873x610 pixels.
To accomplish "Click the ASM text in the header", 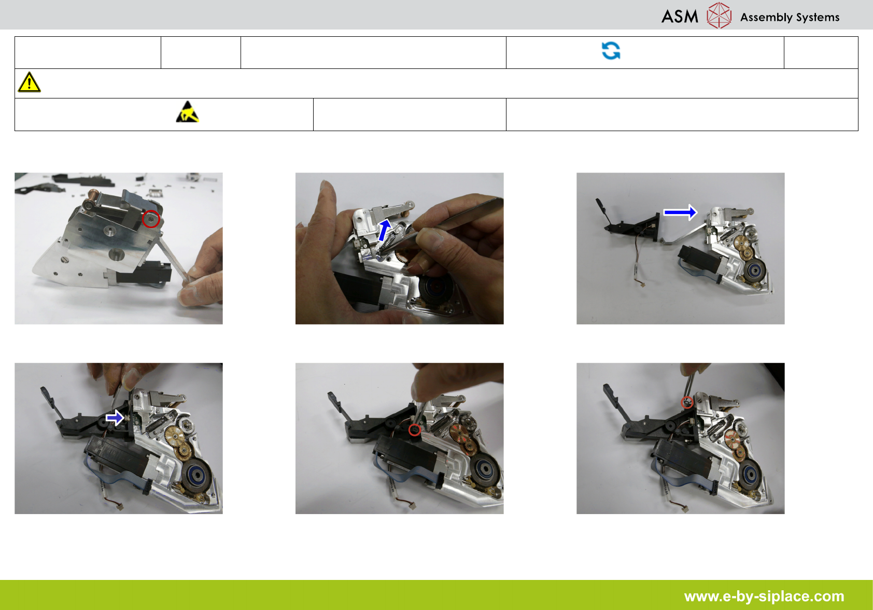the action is coord(680,17).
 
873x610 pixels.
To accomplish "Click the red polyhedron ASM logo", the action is coord(719,16).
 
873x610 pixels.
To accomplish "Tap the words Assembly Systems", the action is coord(790,17).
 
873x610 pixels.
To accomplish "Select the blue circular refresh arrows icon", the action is coord(611,51).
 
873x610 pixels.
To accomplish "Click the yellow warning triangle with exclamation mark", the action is coord(29,82).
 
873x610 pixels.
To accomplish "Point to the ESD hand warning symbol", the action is coord(188,112).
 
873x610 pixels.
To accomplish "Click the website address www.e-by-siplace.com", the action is coord(764,596).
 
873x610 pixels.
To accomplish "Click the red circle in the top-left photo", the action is coord(151,219).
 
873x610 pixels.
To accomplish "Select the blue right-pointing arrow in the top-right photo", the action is coord(680,212).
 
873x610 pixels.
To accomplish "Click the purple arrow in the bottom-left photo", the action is coord(115,418).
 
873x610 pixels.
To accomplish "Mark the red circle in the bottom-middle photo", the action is coord(414,430).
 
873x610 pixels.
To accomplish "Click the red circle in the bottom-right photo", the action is coord(687,402).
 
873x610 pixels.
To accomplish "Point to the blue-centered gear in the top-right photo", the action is coord(754,269).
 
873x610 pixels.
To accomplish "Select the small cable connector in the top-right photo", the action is coord(641,284).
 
